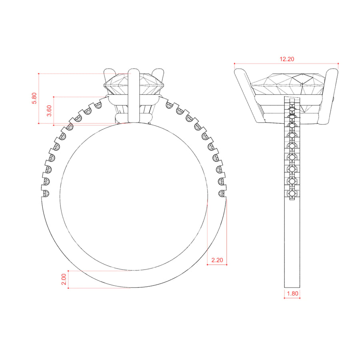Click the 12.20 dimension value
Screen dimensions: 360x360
[287, 59]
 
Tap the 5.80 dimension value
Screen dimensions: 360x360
[34, 98]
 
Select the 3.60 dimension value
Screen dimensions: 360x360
[49, 111]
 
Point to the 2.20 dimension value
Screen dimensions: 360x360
[217, 260]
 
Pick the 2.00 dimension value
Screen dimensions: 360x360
[64, 279]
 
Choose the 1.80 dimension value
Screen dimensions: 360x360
[292, 294]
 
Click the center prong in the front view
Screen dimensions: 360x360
[134, 96]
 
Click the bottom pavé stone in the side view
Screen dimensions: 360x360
[292, 194]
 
